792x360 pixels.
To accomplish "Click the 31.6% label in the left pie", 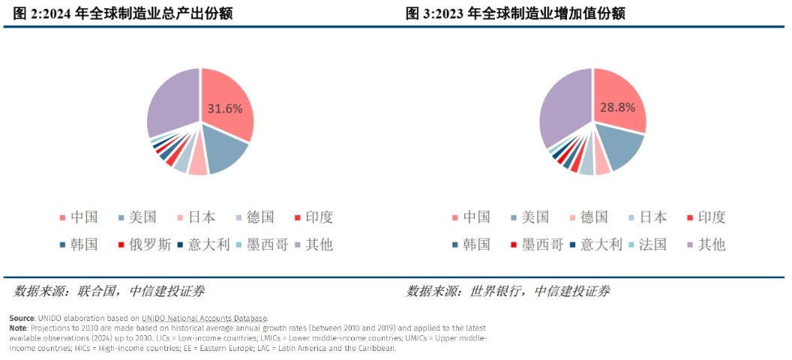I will [x=225, y=108].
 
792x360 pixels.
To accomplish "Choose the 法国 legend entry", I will [x=646, y=244].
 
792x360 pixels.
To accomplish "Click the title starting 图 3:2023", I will [x=515, y=13].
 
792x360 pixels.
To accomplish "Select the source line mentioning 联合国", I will [x=109, y=291].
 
